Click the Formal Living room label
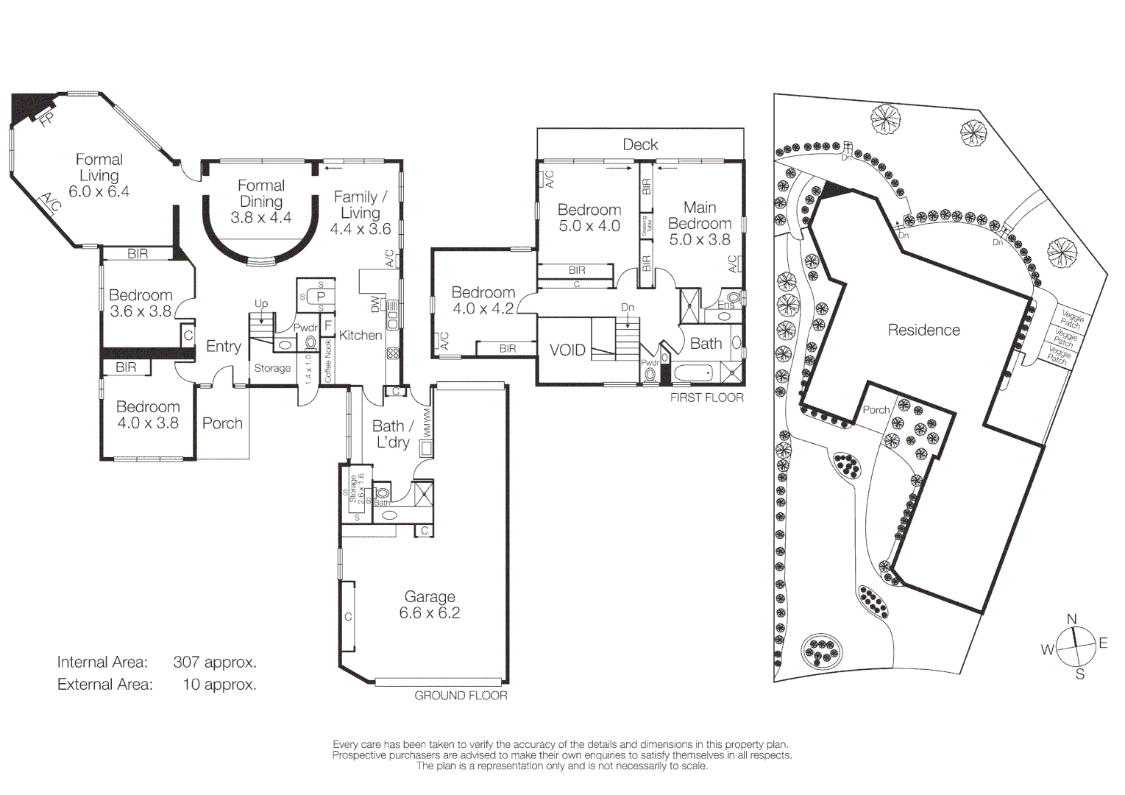(99, 168)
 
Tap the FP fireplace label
(46, 119)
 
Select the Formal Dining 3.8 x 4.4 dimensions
(260, 218)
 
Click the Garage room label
(430, 597)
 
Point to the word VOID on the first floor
(567, 350)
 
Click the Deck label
(640, 145)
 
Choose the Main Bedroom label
(700, 216)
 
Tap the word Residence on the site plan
(923, 331)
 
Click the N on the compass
(1072, 619)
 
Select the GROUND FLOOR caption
(461, 696)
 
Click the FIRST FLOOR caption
(706, 397)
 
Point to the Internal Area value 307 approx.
(215, 662)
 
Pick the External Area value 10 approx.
(219, 685)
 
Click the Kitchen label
(361, 336)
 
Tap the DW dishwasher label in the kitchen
(375, 305)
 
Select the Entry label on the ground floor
(224, 347)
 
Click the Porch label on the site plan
(876, 410)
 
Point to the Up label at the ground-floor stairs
(261, 303)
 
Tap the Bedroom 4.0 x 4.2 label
(483, 300)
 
